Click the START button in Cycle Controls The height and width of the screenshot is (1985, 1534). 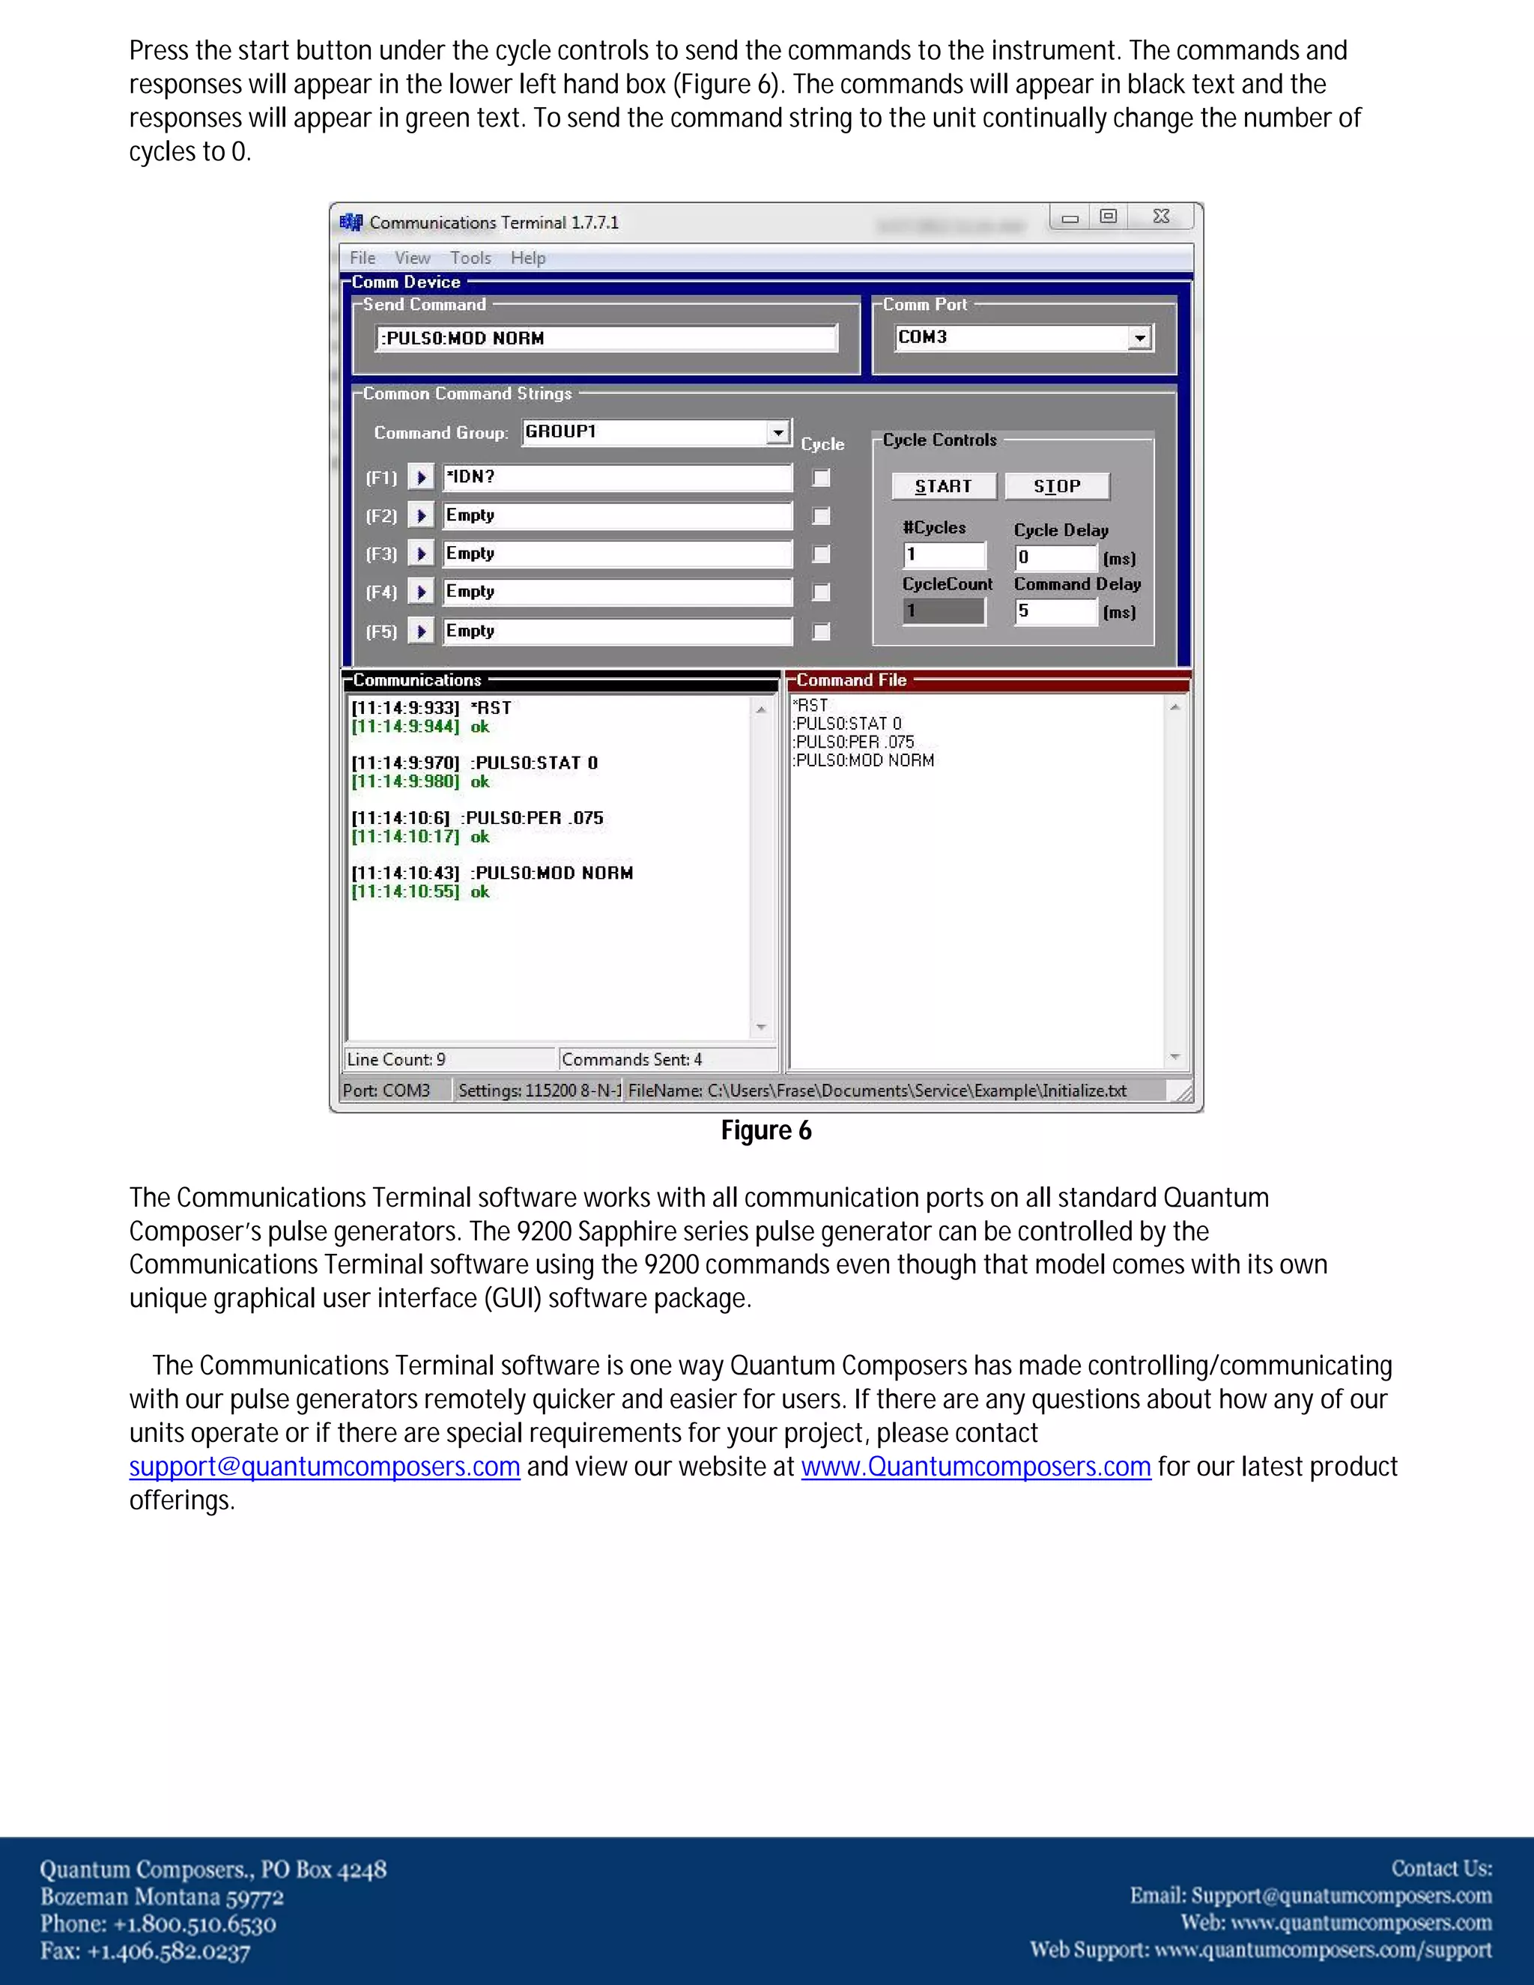(943, 486)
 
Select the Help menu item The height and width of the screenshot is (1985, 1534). (528, 258)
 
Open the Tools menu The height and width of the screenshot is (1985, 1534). (470, 258)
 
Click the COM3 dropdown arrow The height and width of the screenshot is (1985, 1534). (1139, 338)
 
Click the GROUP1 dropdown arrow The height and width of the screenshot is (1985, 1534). (778, 433)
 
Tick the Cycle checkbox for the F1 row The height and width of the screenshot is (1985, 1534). (821, 478)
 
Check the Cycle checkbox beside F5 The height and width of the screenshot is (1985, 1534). (821, 631)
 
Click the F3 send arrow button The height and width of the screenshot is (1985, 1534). (421, 554)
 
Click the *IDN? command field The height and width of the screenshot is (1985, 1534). (617, 477)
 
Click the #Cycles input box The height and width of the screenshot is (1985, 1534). (945, 555)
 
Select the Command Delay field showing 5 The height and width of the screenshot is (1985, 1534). (1055, 612)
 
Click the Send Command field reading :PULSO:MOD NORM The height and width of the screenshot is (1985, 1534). (605, 338)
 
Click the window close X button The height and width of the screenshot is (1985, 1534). (1160, 216)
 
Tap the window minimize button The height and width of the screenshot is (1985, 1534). (1070, 217)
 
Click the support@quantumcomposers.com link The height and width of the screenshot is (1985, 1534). (324, 1467)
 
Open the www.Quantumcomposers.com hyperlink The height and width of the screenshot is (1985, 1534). (975, 1467)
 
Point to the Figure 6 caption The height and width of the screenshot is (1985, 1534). (766, 1130)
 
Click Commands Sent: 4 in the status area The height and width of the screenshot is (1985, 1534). (632, 1060)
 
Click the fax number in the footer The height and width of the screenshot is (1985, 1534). (145, 1951)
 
